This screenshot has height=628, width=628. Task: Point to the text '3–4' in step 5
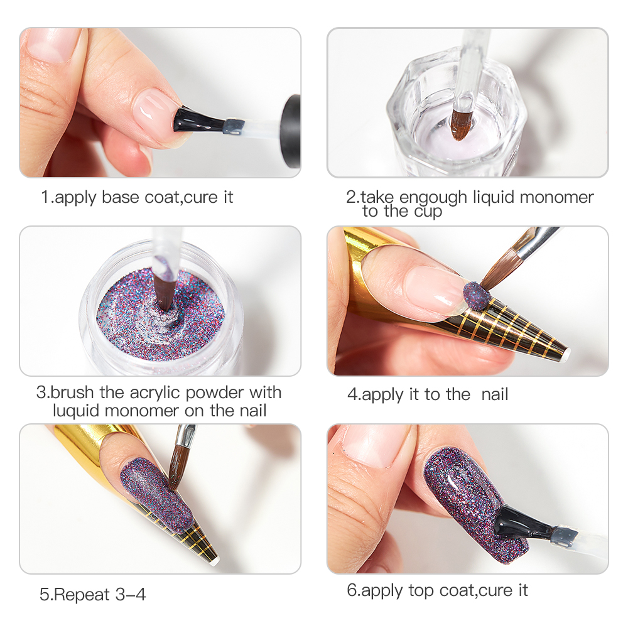131,594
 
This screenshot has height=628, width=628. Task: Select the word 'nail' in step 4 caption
495,394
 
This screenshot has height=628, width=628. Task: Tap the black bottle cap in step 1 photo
291,131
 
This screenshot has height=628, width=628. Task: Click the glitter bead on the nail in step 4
477,296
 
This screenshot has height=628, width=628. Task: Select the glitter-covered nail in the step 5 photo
156,495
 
